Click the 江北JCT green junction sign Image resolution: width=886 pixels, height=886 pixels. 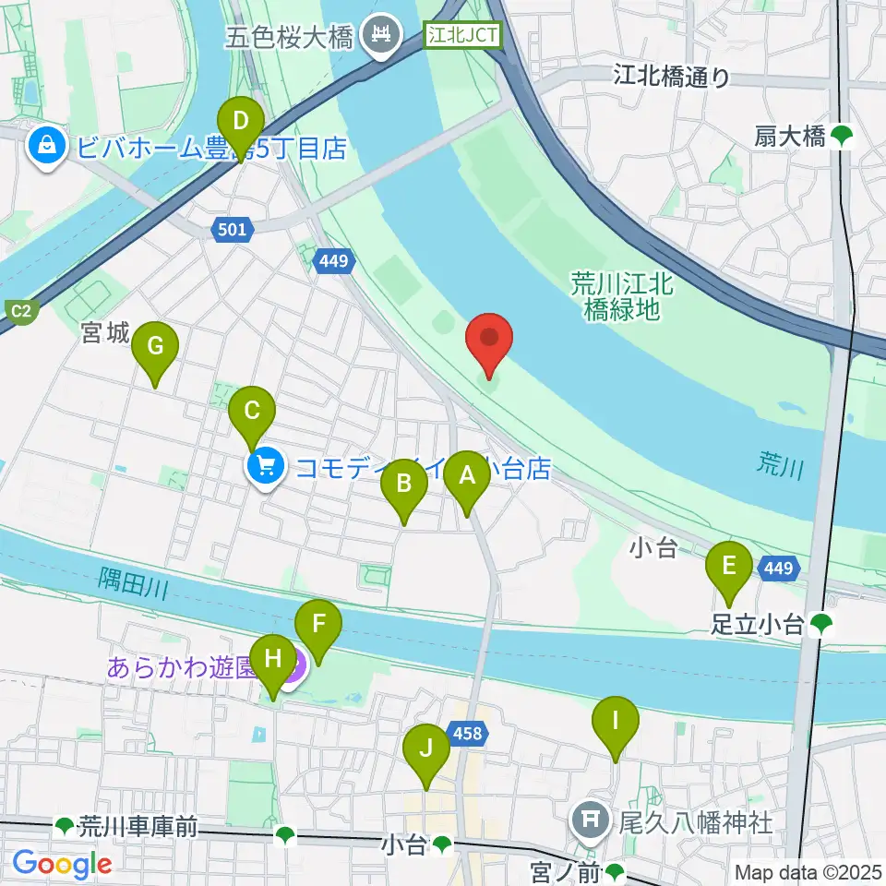462,36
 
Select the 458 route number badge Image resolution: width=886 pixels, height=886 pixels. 466,734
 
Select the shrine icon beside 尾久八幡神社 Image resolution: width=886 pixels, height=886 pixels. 589,819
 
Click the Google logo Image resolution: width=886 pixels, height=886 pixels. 62,863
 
